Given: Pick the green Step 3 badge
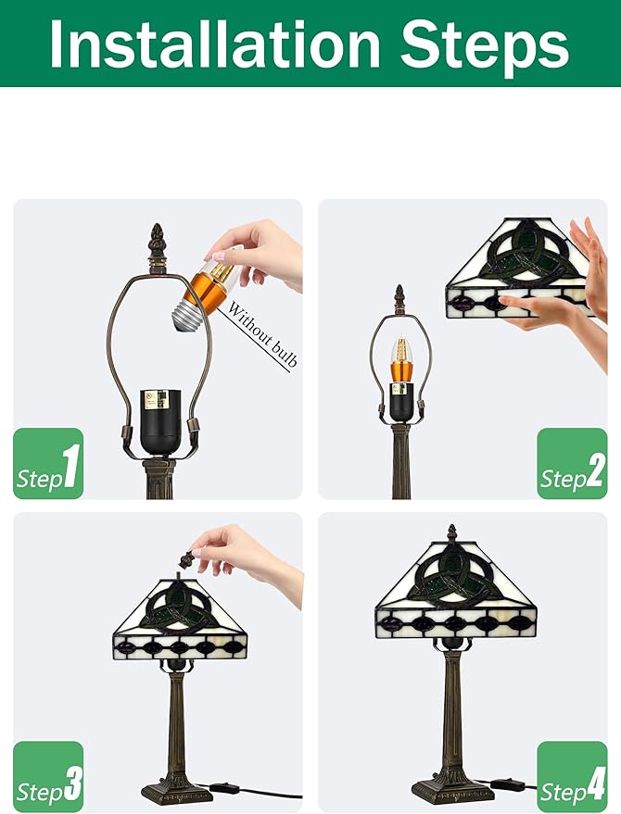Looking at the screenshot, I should pos(48,777).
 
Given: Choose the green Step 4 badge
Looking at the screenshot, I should pos(572,777).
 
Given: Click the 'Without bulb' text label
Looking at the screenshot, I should pos(262,334).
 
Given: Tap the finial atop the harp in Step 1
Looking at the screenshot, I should pos(157,243).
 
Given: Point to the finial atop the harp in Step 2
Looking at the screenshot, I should pos(399,299).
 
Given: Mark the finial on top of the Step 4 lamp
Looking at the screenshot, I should pos(451,532).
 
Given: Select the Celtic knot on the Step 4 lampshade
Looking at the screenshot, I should pos(452,576).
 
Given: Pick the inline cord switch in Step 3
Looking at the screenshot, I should pos(224,789).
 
